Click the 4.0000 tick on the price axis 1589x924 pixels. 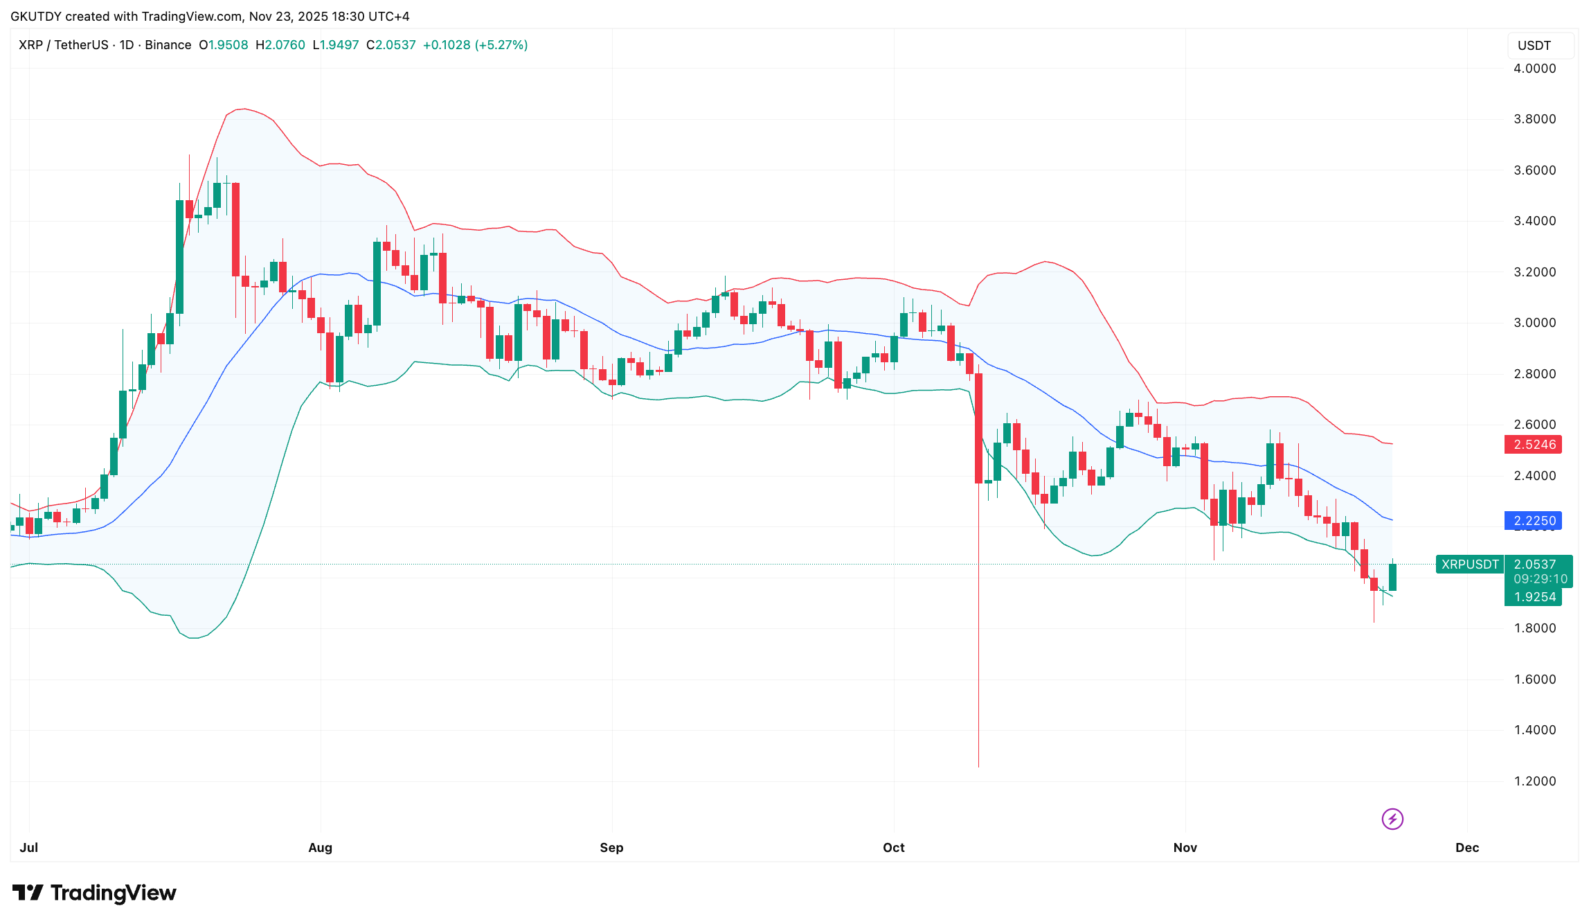point(1534,69)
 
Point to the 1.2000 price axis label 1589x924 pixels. point(1534,781)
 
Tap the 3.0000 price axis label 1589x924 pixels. point(1534,323)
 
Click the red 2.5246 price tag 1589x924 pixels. point(1534,445)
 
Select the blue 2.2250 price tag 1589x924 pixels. point(1534,521)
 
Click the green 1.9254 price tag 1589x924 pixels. point(1534,597)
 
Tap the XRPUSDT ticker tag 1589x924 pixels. point(1469,565)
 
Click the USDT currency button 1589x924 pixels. point(1534,46)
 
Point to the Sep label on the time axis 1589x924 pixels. point(611,848)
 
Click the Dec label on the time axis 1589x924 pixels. point(1466,848)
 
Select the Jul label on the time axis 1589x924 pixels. point(29,848)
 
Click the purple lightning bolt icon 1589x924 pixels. point(1392,819)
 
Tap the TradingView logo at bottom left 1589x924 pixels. point(95,893)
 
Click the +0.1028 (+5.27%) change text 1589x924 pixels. point(475,45)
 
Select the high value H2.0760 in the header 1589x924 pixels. point(280,45)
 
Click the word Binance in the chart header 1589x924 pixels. point(168,45)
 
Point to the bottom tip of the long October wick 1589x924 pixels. point(978,765)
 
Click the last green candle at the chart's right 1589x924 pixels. point(1392,577)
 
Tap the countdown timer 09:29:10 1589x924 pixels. point(1540,579)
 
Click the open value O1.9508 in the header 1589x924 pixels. point(223,45)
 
